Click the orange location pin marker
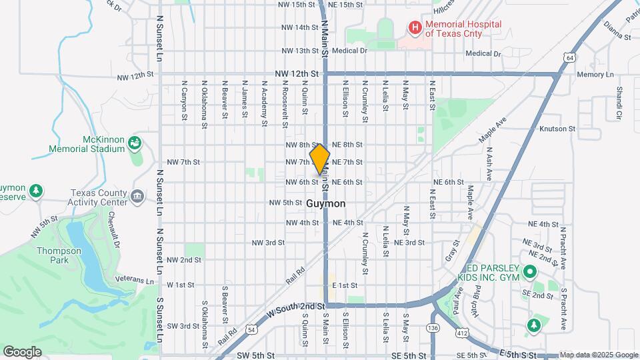coord(320,159)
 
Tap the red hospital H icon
coord(415,27)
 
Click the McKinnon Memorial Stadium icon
coord(135,143)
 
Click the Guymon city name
coord(326,203)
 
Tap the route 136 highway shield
coord(433,328)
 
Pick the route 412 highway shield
coord(462,331)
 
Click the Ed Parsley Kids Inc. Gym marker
coord(530,271)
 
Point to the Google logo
coord(22,351)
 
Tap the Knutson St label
coord(557,128)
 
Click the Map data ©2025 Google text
coord(599,355)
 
